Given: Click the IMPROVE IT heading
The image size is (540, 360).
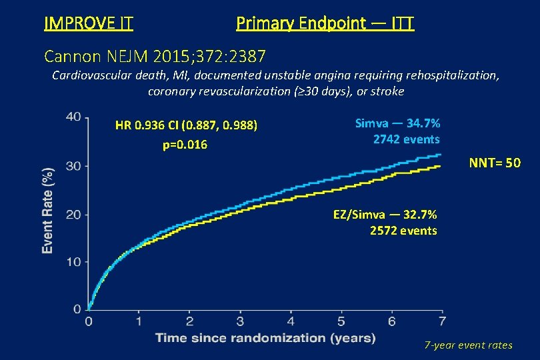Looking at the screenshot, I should pyautogui.click(x=88, y=24).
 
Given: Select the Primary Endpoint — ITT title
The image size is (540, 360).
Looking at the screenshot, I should pyautogui.click(x=325, y=24).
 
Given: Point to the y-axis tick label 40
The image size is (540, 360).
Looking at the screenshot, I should pyautogui.click(x=74, y=117).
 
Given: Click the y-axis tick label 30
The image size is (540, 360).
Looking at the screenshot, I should pyautogui.click(x=74, y=165).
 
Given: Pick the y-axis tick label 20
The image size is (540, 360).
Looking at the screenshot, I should pyautogui.click(x=74, y=214).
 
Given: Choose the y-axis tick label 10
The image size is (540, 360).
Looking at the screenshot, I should pyautogui.click(x=74, y=262).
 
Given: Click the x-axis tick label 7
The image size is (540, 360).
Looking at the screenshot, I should pyautogui.click(x=442, y=322).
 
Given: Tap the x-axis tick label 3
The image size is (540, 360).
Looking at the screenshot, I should pyautogui.click(x=240, y=322).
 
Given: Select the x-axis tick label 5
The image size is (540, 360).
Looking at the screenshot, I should pyautogui.click(x=341, y=322).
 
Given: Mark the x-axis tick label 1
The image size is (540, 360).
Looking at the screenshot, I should pyautogui.click(x=139, y=322).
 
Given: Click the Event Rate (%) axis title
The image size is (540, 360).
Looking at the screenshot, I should pyautogui.click(x=48, y=210).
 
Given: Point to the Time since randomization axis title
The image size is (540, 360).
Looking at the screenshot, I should pyautogui.click(x=265, y=338).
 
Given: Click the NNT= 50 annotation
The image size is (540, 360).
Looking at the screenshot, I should pyautogui.click(x=495, y=163).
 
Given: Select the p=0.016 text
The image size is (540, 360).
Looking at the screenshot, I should pyautogui.click(x=185, y=145).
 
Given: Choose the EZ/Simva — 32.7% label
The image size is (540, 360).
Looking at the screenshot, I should pyautogui.click(x=385, y=215).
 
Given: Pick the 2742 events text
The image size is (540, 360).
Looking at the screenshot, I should pyautogui.click(x=406, y=139).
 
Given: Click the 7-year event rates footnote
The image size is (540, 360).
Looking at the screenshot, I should pyautogui.click(x=469, y=345).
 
